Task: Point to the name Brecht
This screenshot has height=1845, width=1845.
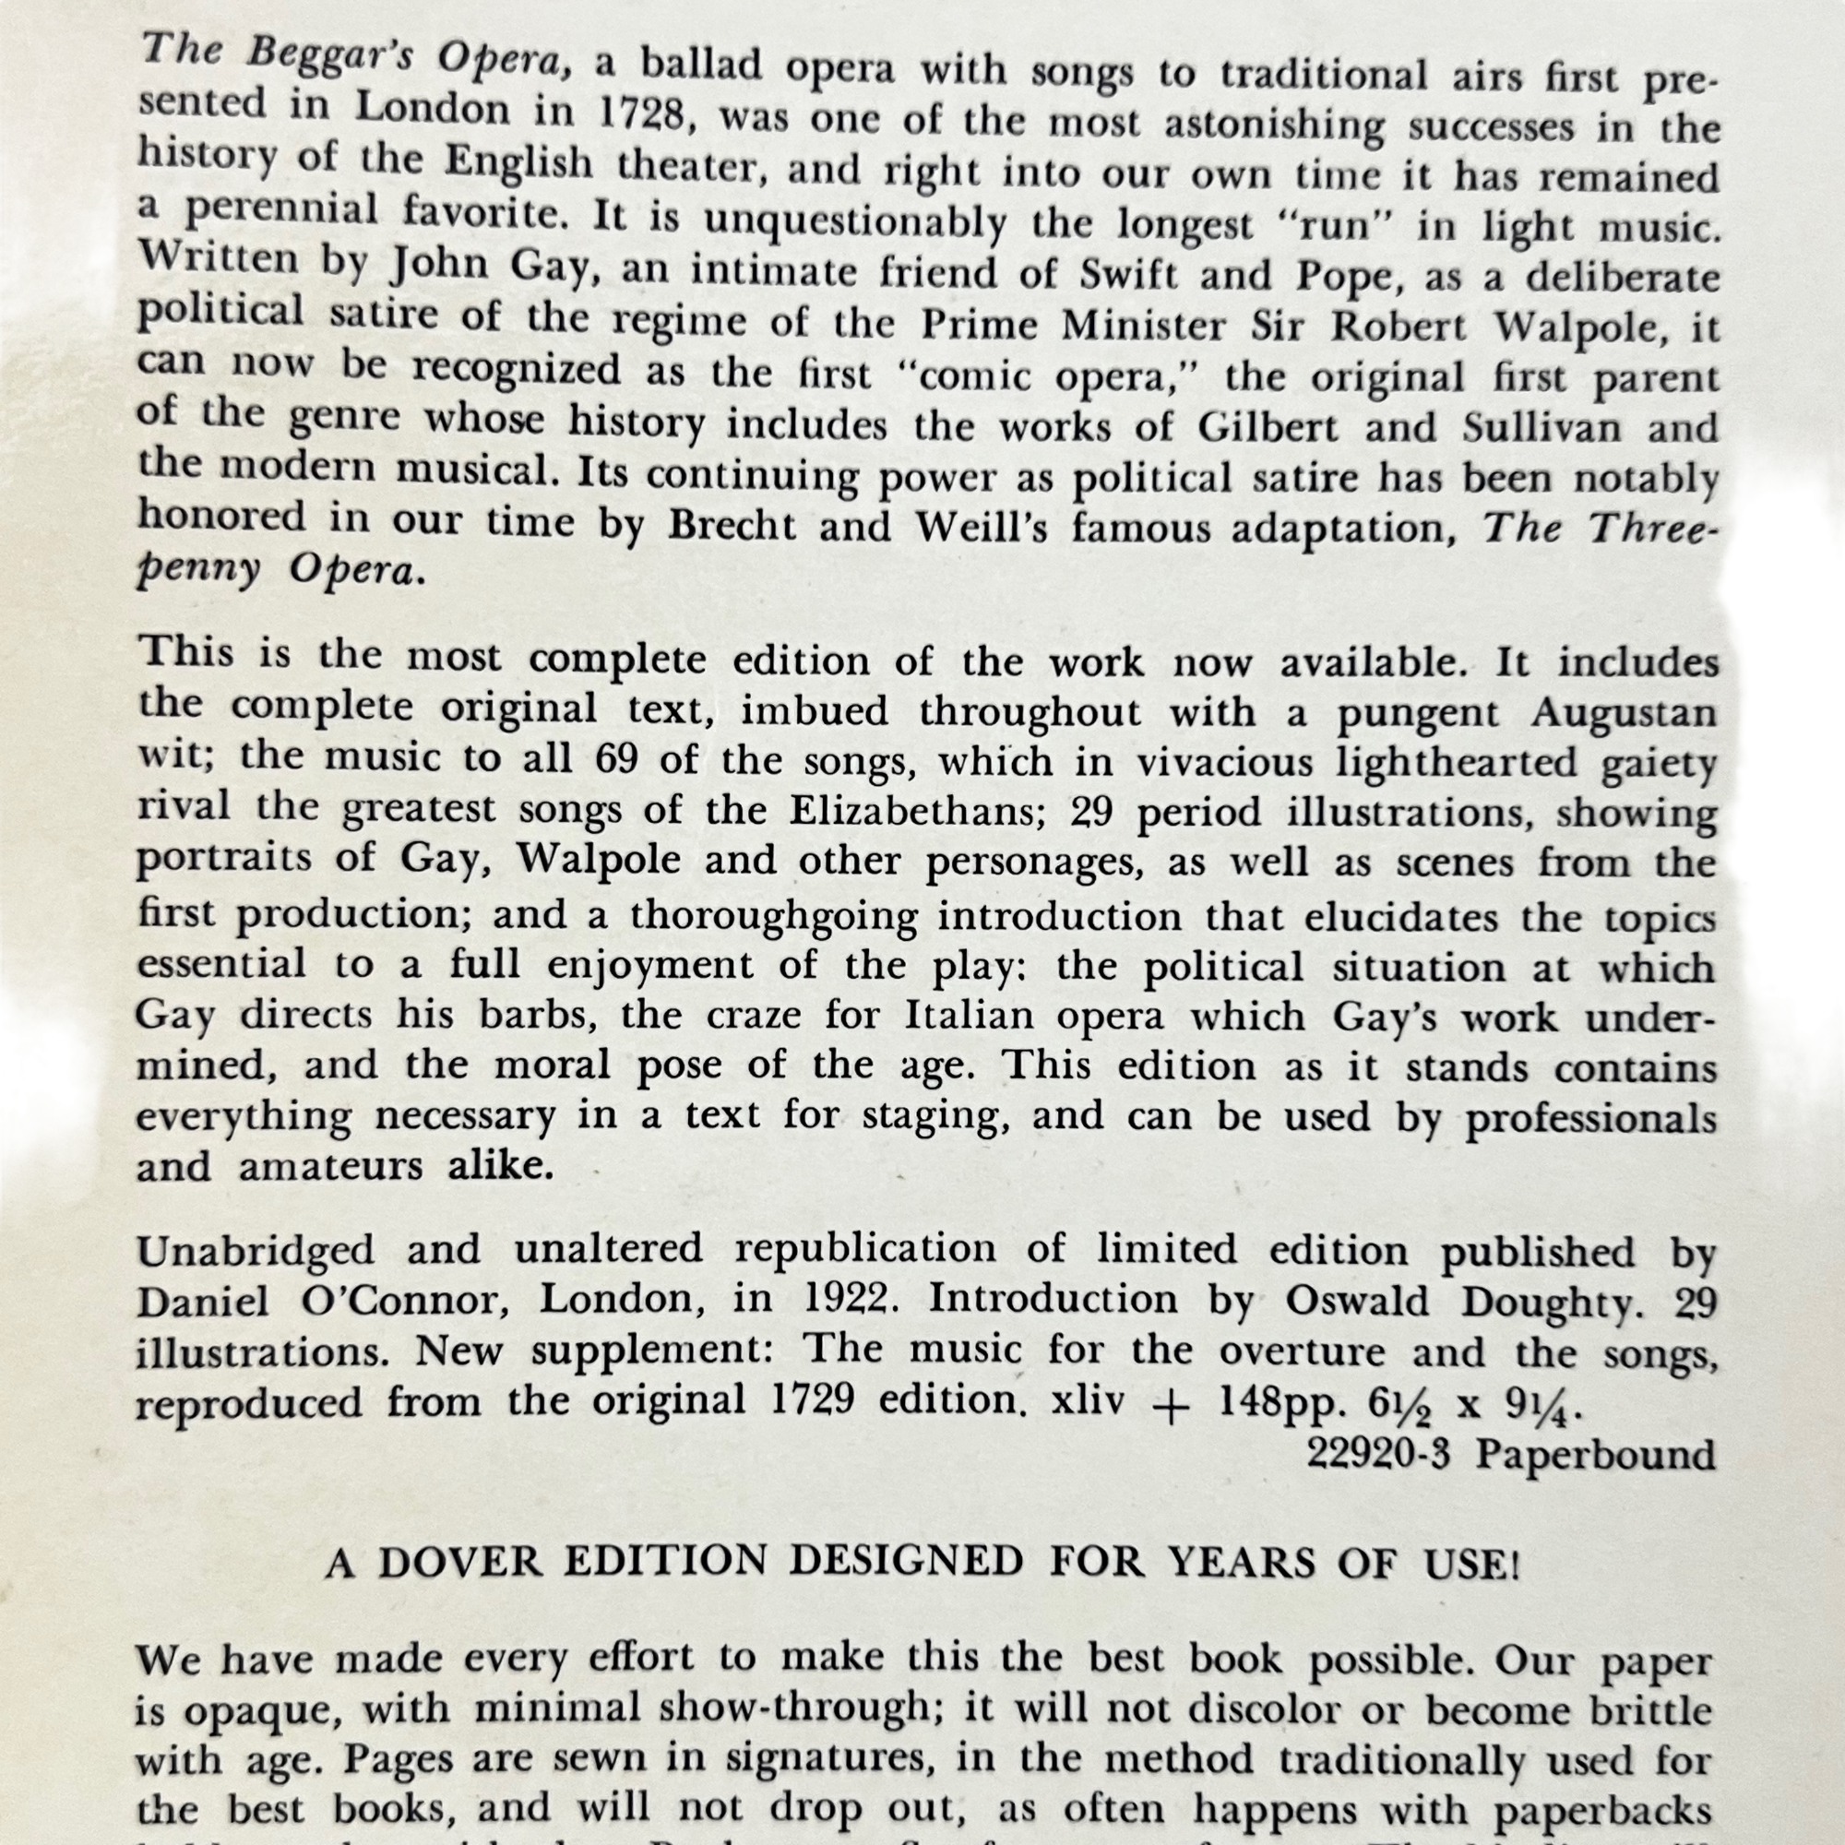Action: click(732, 526)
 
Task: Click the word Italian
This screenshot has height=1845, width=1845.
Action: click(969, 1014)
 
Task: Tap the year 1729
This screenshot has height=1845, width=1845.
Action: click(811, 1400)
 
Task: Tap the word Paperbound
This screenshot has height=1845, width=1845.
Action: click(1595, 1456)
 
